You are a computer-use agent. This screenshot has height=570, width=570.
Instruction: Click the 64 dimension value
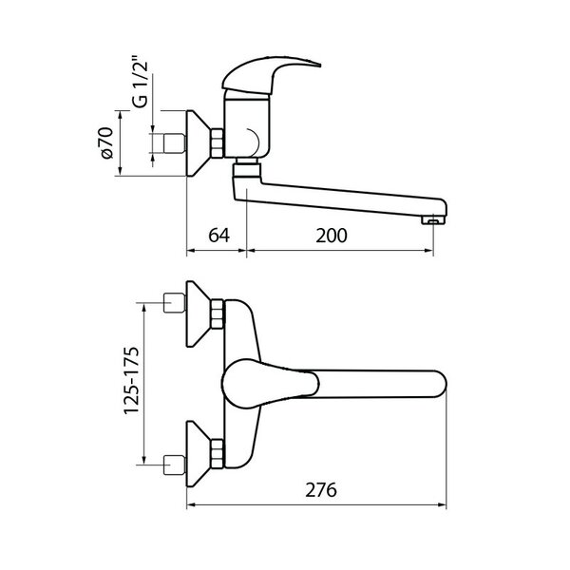[x=218, y=236]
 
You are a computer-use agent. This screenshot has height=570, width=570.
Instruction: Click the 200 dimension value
[x=332, y=236]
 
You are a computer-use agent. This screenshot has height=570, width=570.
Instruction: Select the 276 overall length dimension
[x=321, y=490]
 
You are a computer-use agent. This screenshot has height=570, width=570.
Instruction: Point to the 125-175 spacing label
[x=131, y=381]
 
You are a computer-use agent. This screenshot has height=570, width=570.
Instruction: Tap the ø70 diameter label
[x=107, y=142]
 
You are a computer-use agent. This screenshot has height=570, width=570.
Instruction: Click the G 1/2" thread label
[x=141, y=82]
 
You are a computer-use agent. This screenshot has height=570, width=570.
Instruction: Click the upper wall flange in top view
[x=199, y=313]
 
